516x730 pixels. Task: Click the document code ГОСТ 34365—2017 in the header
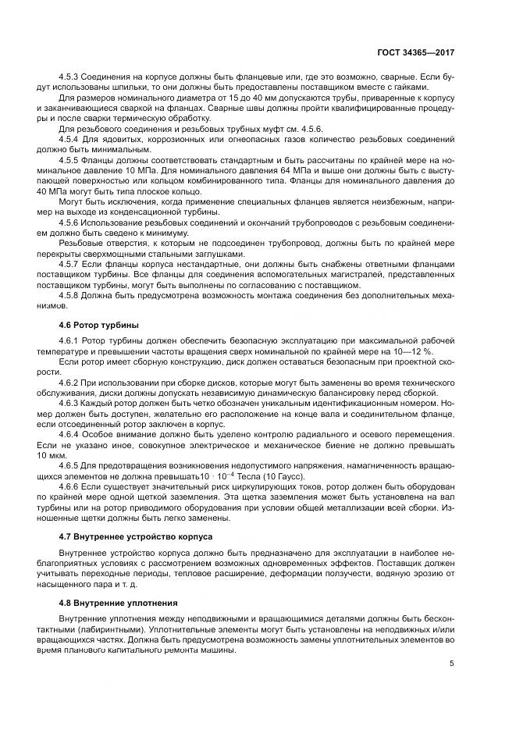418,52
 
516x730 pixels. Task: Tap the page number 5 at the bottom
452,664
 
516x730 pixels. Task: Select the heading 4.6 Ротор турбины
97,323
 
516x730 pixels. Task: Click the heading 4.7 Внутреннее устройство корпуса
134,536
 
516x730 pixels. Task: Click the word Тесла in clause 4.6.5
247,475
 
